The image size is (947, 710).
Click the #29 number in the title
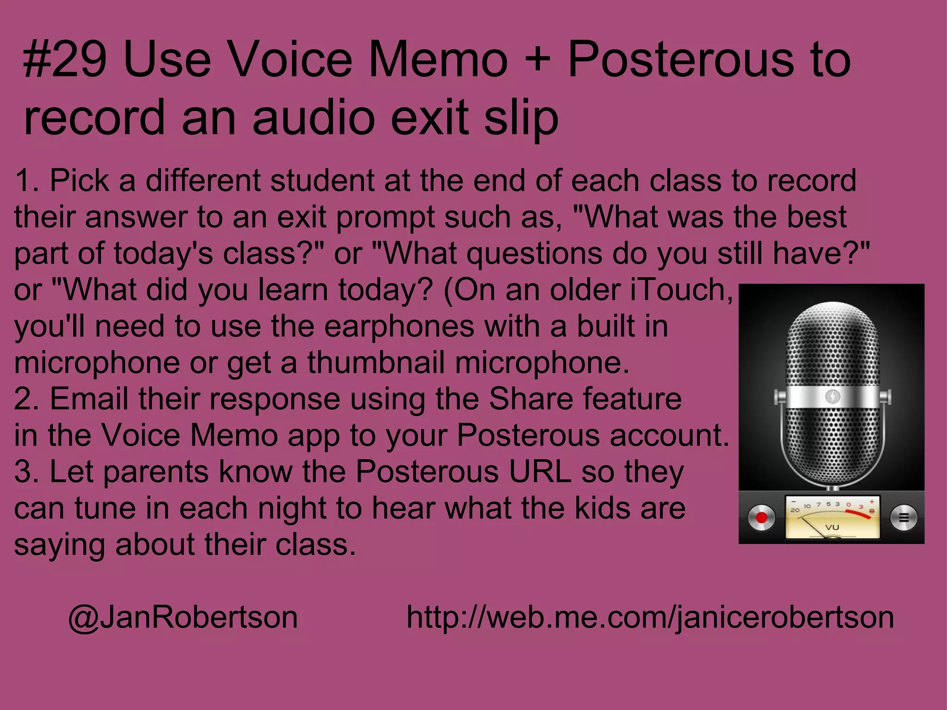pyautogui.click(x=65, y=60)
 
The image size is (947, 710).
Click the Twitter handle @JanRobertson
pyautogui.click(x=183, y=618)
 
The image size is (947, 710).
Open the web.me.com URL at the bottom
pyautogui.click(x=650, y=618)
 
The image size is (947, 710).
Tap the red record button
pyautogui.click(x=761, y=517)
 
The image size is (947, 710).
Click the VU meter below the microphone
pyautogui.click(x=833, y=517)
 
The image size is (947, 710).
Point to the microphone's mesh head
pyautogui.click(x=832, y=351)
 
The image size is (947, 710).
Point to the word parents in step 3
pyautogui.click(x=157, y=472)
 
